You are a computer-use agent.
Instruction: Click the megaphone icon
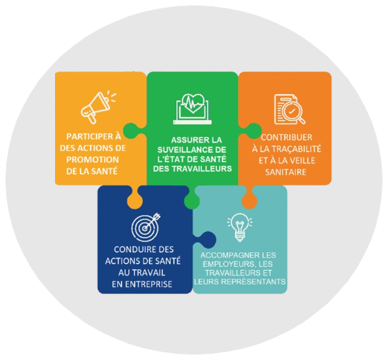tap(98, 107)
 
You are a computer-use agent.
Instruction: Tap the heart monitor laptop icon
tap(192, 109)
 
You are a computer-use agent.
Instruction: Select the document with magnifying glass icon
tap(289, 109)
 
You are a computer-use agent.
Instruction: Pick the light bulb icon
tap(240, 227)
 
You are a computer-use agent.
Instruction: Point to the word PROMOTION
tap(92, 160)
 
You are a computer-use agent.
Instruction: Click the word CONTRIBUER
tap(286, 137)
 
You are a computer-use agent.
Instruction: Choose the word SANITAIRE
tap(286, 172)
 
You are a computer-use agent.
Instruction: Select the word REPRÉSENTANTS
tap(255, 281)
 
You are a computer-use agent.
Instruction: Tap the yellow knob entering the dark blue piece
tap(135, 199)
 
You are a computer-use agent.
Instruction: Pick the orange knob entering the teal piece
tap(249, 199)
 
